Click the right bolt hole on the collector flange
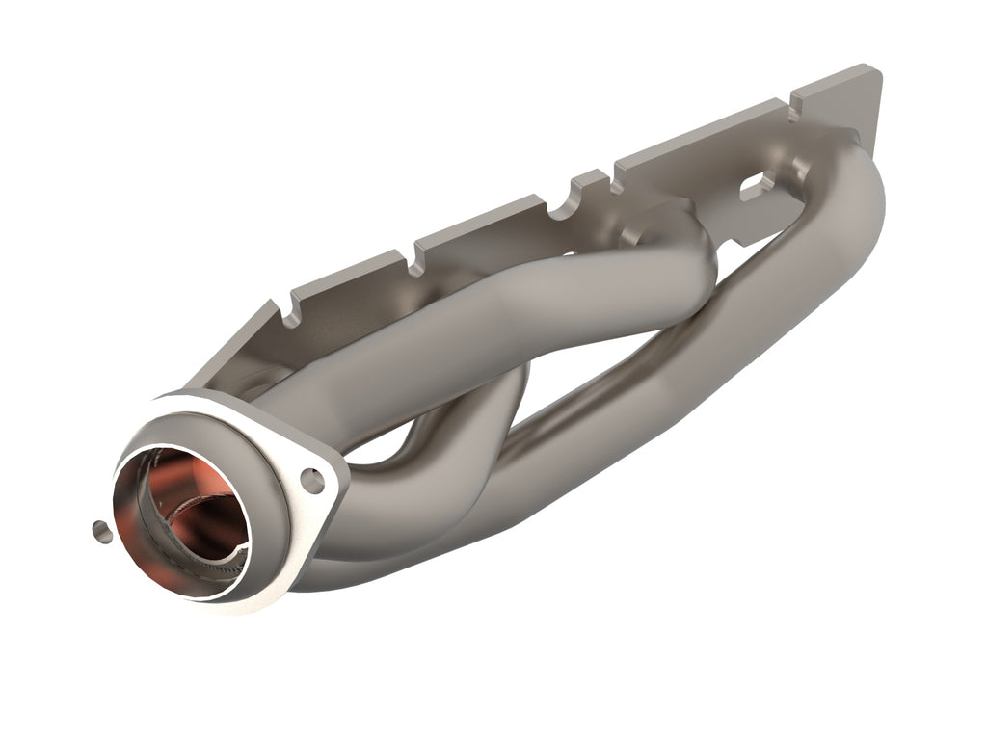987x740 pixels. point(311,476)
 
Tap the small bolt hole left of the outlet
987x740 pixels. point(97,527)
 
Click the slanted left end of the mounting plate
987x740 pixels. point(231,347)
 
